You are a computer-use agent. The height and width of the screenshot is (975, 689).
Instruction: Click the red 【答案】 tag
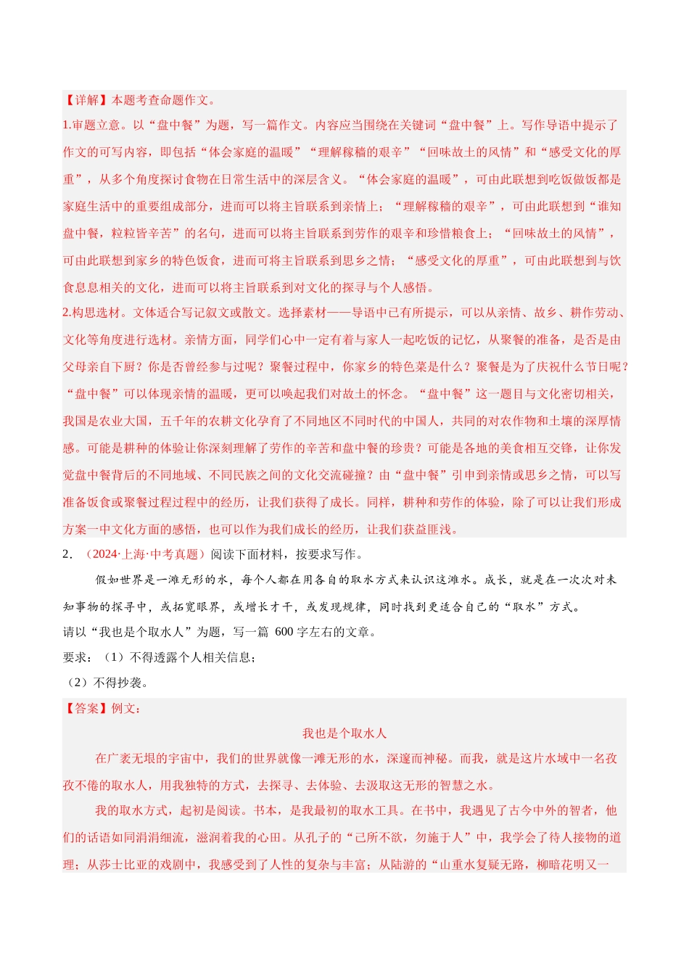[x=86, y=708]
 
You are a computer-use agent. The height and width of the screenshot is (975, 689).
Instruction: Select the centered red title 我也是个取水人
[x=344, y=733]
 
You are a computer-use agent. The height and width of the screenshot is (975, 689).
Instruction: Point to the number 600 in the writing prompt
[x=284, y=632]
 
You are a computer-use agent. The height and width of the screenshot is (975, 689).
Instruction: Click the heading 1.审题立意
[x=91, y=126]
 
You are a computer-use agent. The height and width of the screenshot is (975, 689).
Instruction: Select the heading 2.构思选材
[x=91, y=313]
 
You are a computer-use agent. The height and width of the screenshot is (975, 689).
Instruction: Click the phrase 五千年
[x=178, y=421]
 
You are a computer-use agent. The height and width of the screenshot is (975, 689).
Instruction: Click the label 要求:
[x=78, y=657]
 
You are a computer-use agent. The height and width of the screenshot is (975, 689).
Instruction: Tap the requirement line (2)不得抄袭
[x=106, y=683]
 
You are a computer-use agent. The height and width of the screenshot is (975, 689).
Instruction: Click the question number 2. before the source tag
[x=67, y=554]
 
